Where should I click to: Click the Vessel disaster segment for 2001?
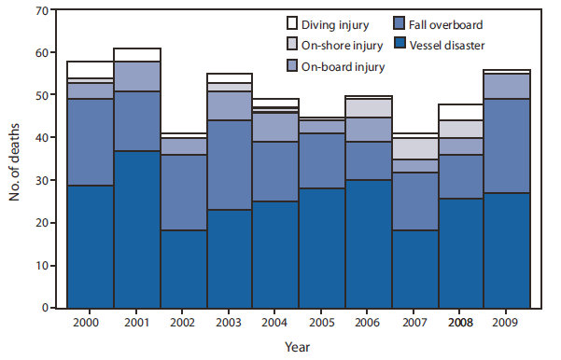coord(137,229)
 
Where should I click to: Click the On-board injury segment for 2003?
coord(230,106)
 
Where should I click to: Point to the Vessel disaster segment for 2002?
coord(184,269)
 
